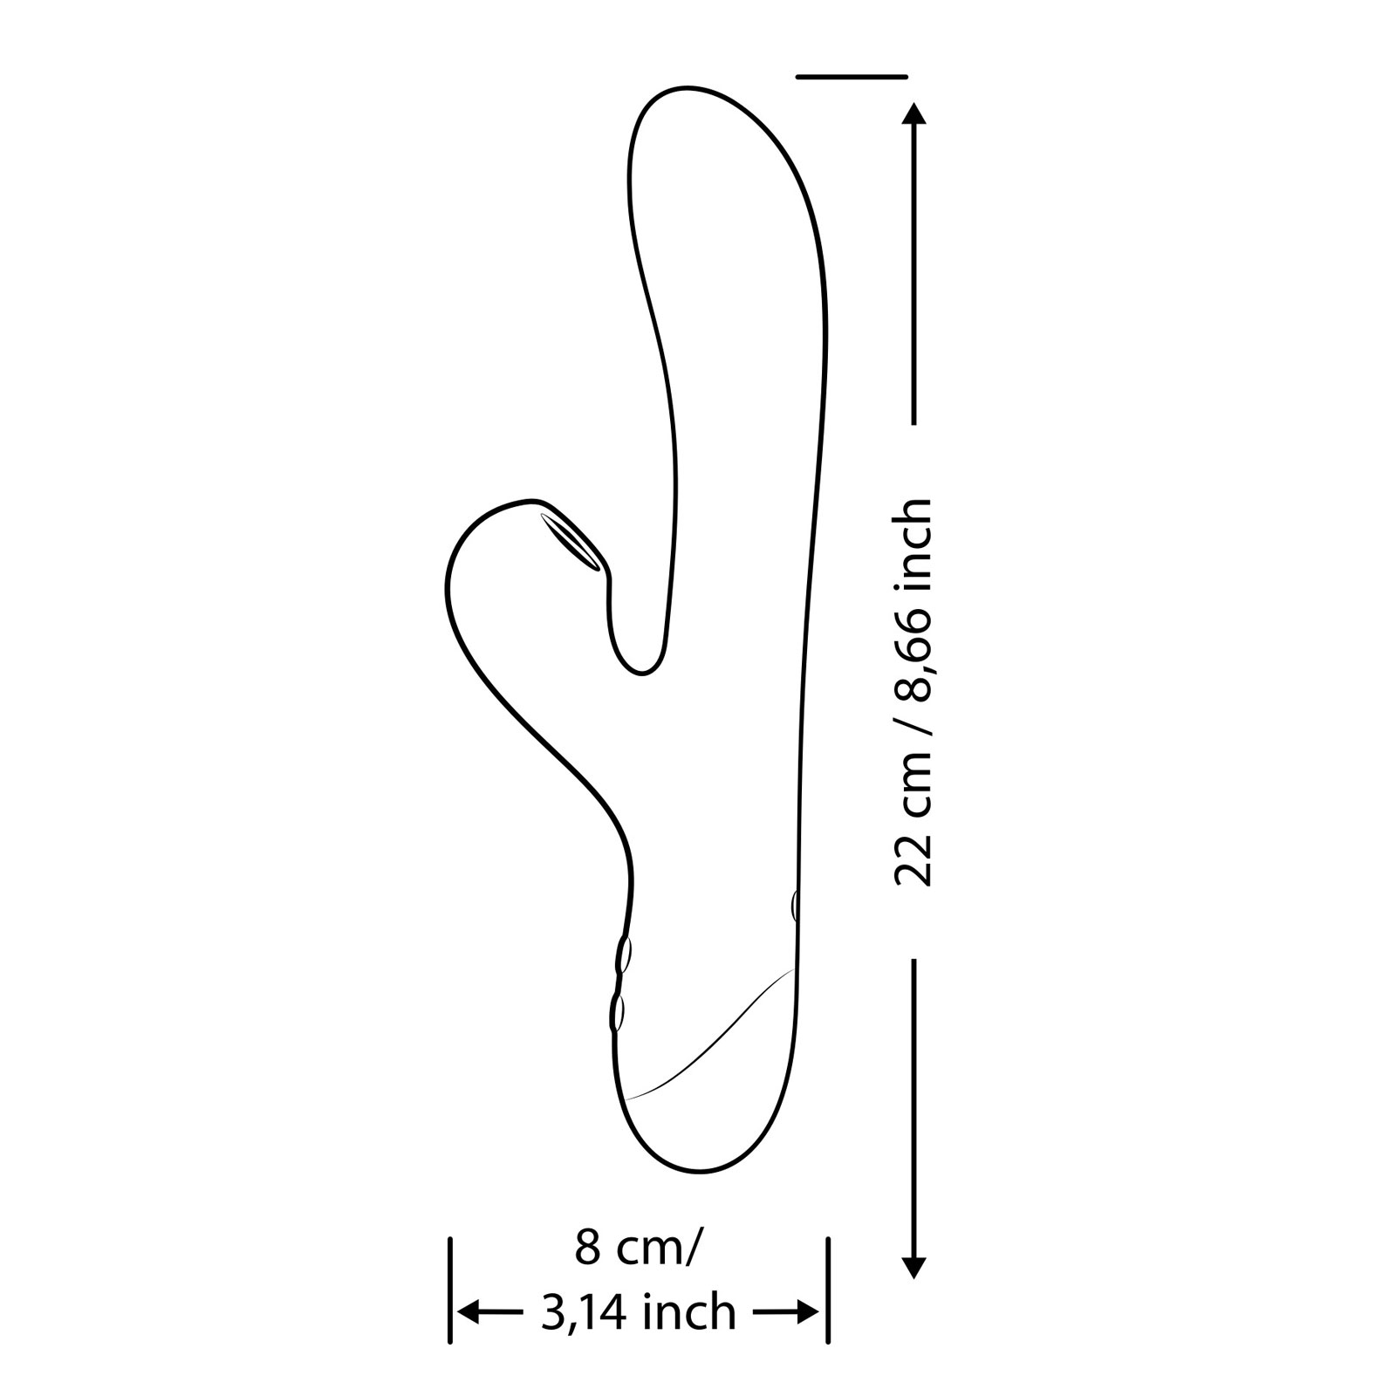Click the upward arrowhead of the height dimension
(x=914, y=113)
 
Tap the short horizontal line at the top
(x=852, y=77)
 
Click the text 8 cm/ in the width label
(x=636, y=1249)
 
